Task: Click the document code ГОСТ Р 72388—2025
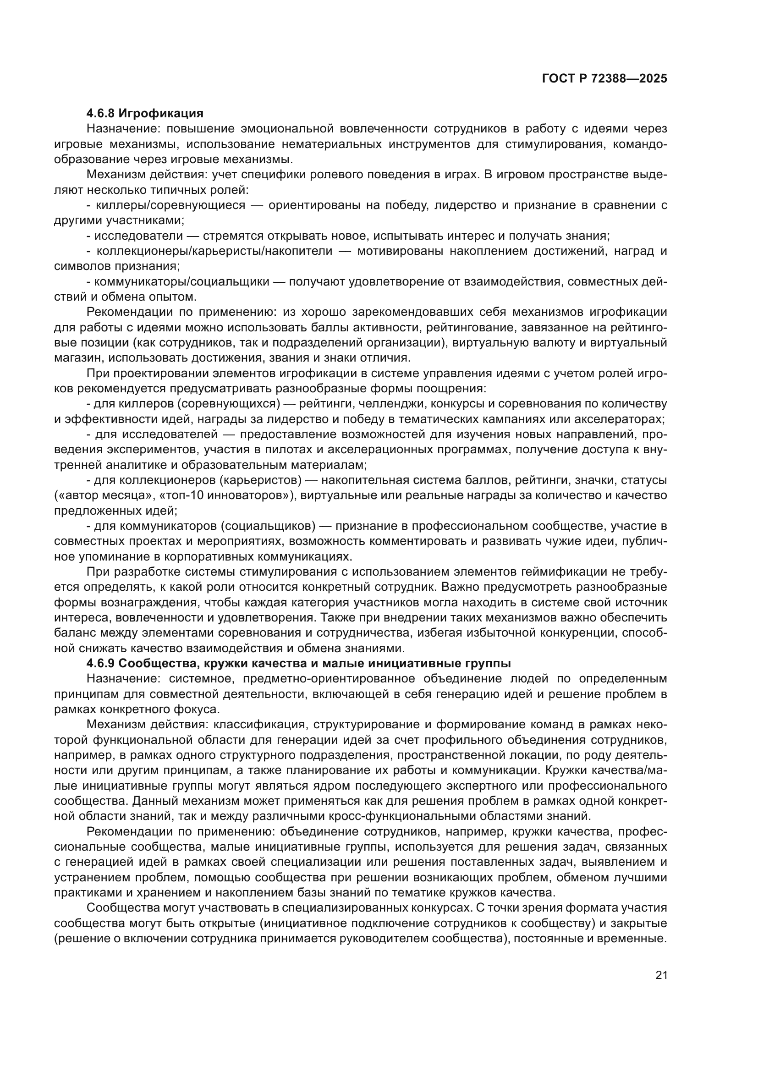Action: coord(604,79)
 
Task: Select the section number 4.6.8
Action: coord(101,114)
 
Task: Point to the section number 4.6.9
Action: coord(101,664)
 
